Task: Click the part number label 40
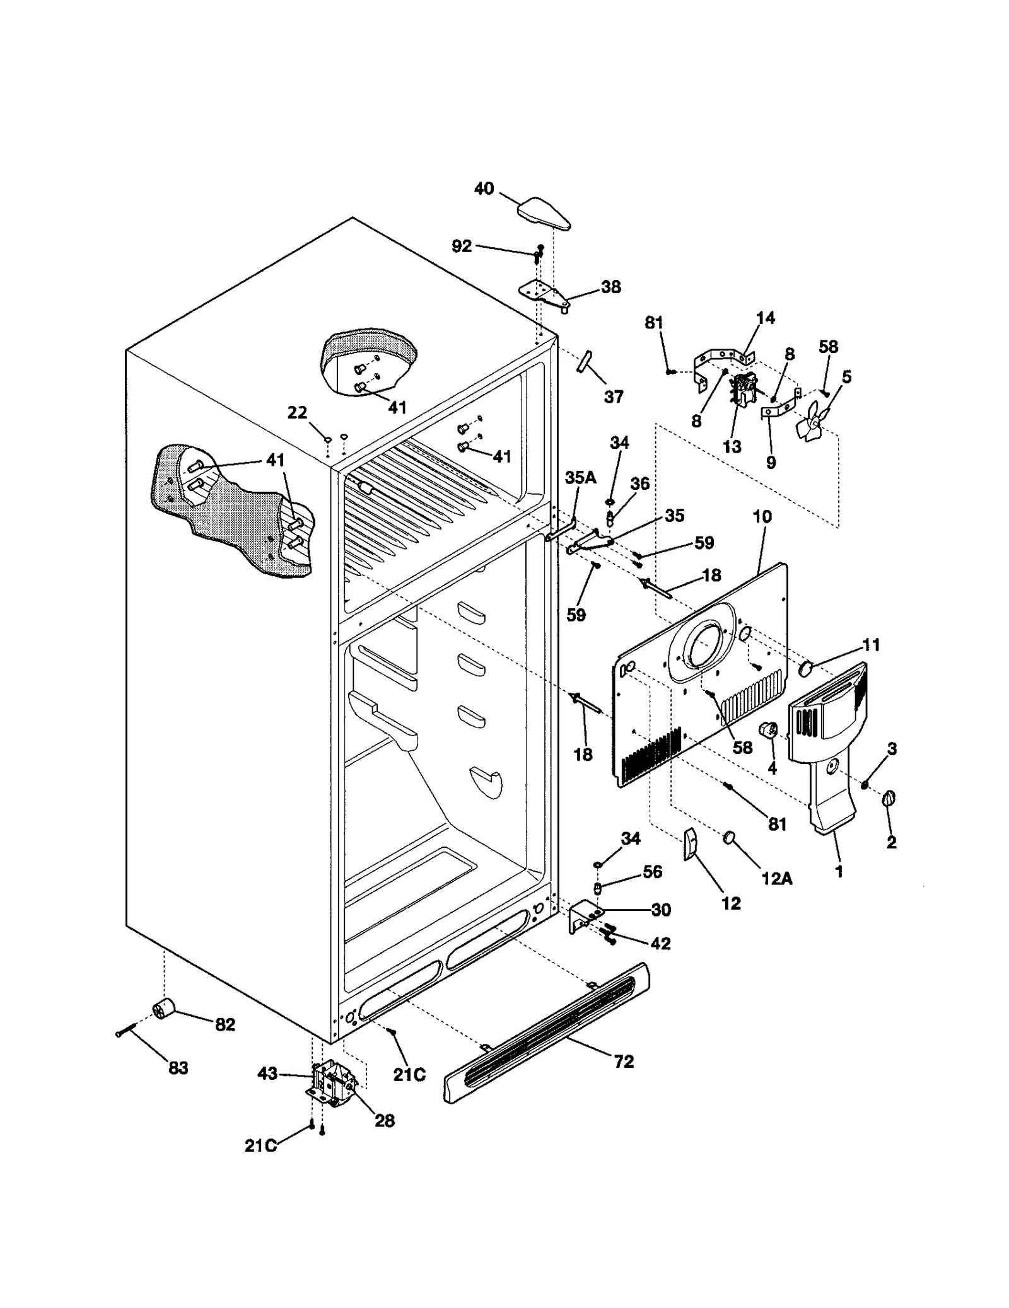coord(484,188)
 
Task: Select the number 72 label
coord(623,1062)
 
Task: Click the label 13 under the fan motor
coord(732,446)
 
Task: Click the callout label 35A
coord(580,477)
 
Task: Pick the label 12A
coord(776,877)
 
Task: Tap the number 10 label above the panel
coord(762,516)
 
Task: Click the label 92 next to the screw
coord(462,246)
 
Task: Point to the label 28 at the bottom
coord(385,1120)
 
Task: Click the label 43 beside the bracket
coord(268,1073)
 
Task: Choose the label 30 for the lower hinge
coord(661,910)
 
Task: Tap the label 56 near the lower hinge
coord(652,871)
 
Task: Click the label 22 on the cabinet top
coord(297,412)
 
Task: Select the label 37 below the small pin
coord(613,396)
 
